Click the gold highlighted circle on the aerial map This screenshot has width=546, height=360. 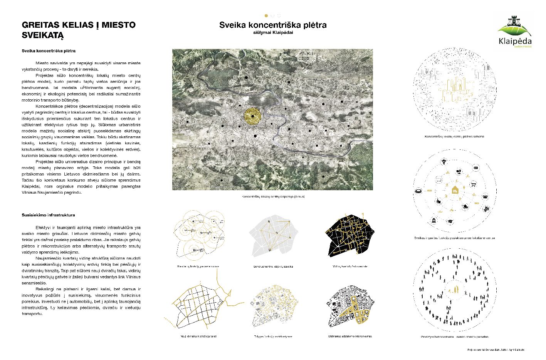(252, 116)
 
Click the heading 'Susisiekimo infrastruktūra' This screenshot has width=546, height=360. (48, 215)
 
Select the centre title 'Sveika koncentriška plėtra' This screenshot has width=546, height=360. (273, 25)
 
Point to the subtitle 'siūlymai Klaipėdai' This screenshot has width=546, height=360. (273, 33)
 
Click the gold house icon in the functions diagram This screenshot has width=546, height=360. (455, 189)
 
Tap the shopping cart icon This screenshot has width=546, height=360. (474, 184)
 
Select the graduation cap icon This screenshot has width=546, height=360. (450, 221)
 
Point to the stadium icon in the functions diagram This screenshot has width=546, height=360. (418, 191)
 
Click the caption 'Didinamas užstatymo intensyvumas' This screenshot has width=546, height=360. (350, 336)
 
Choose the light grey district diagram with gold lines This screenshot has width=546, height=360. (274, 236)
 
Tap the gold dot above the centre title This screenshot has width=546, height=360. (266, 16)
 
